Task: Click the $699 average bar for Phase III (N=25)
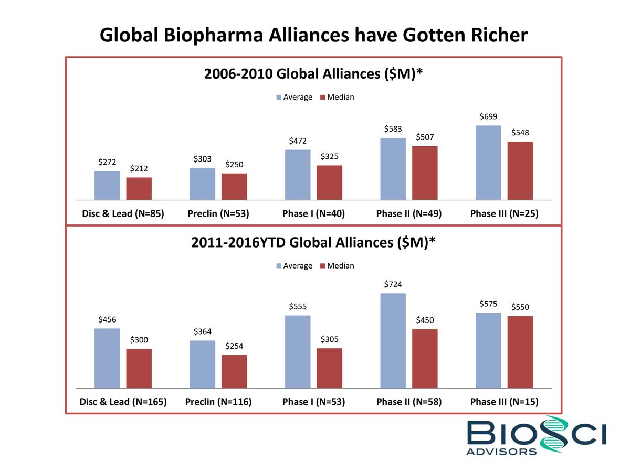coord(488,163)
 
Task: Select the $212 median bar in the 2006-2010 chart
coord(139,189)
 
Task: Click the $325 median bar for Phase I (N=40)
coord(329,183)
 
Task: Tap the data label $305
coord(329,340)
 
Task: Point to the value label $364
coord(203,331)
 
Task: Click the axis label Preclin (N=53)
coord(218,214)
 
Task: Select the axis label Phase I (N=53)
coord(313,402)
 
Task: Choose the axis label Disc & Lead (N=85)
coord(123,214)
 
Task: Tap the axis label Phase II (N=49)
coord(408,214)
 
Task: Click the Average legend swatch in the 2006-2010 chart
coord(279,97)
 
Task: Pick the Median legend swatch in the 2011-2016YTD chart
coord(323,266)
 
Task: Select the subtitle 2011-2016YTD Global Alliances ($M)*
coord(313,242)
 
